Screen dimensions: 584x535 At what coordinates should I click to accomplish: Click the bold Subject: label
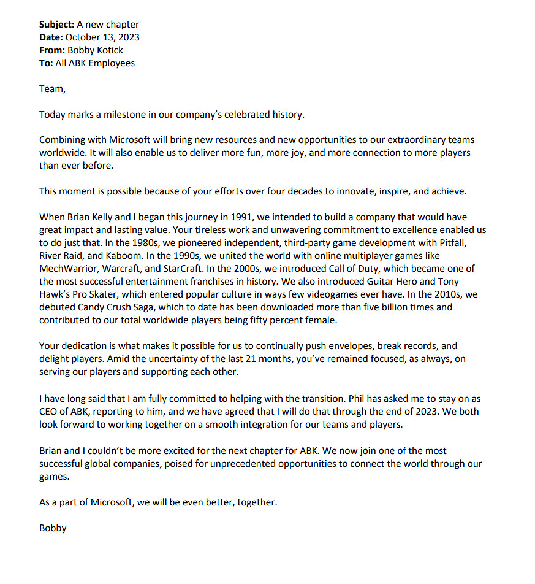click(56, 25)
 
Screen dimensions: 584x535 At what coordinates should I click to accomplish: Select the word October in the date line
click(83, 37)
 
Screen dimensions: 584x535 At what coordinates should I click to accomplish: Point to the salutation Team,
click(52, 89)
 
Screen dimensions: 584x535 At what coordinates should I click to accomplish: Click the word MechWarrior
click(67, 269)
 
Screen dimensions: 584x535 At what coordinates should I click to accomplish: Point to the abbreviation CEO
click(50, 410)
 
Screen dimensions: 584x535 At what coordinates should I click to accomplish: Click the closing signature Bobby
click(53, 528)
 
